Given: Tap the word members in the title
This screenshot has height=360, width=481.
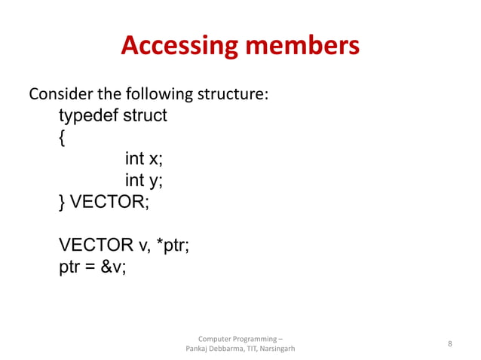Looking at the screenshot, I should pyautogui.click(x=299, y=47).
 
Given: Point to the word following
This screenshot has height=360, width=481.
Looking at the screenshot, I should pyautogui.click(x=153, y=96).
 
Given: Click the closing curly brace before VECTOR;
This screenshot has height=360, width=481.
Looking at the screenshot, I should pyautogui.click(x=63, y=202).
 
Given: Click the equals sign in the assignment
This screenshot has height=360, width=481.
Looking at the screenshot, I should pyautogui.click(x=90, y=267).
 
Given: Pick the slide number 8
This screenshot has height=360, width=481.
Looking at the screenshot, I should pyautogui.click(x=449, y=344).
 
